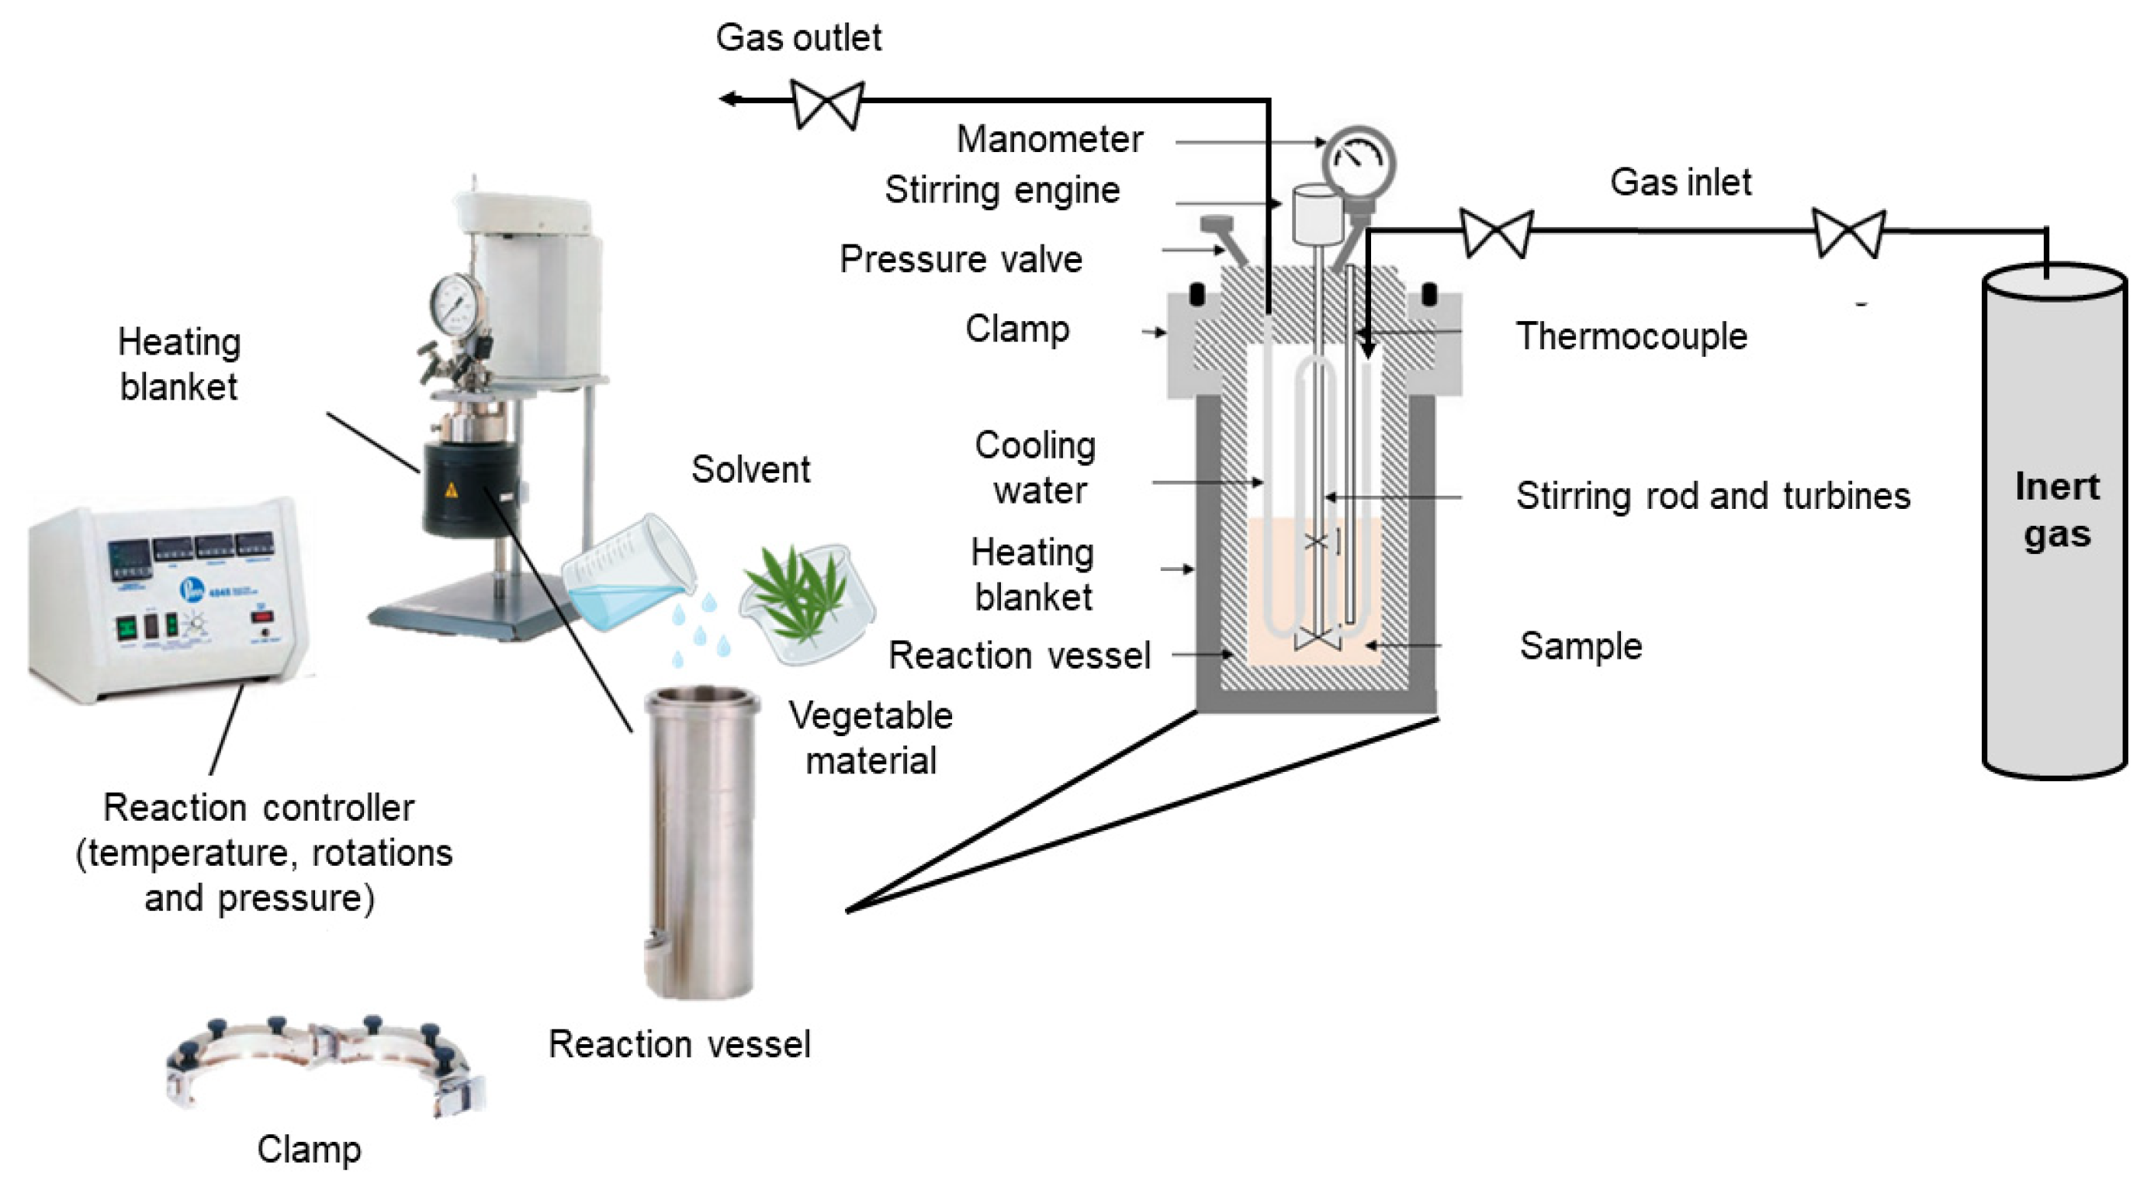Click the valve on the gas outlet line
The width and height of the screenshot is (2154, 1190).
tap(827, 104)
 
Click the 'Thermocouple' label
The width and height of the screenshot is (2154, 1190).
tap(1631, 336)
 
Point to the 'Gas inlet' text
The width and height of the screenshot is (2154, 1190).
tap(1680, 182)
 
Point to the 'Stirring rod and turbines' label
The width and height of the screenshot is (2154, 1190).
tap(1712, 496)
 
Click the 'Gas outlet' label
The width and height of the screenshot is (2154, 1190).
tap(798, 38)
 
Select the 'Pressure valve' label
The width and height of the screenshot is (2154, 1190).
tap(961, 259)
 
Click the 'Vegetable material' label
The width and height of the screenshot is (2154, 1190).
tap(871, 738)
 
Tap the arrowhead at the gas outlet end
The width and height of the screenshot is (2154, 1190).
tap(729, 99)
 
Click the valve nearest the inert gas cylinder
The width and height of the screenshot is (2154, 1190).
tap(1848, 234)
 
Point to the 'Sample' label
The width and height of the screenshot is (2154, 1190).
tap(1581, 646)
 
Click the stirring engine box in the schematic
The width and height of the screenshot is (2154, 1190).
tap(1317, 213)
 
